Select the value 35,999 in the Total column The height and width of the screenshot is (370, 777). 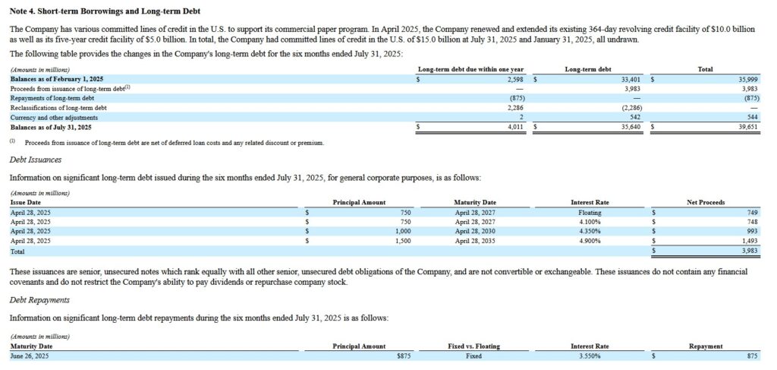tap(747, 79)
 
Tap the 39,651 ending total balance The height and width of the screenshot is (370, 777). tap(747, 127)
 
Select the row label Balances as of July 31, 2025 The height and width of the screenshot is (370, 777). tap(48, 127)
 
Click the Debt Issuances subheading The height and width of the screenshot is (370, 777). tap(35, 160)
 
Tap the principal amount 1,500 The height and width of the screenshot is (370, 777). tap(402, 241)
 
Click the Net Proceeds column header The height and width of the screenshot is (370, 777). tap(705, 202)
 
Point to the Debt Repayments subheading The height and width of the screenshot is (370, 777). tap(39, 300)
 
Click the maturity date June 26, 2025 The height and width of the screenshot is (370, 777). tap(30, 356)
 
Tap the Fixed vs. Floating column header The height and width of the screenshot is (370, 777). tap(473, 346)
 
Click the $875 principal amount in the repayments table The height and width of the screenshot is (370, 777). tap(401, 356)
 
